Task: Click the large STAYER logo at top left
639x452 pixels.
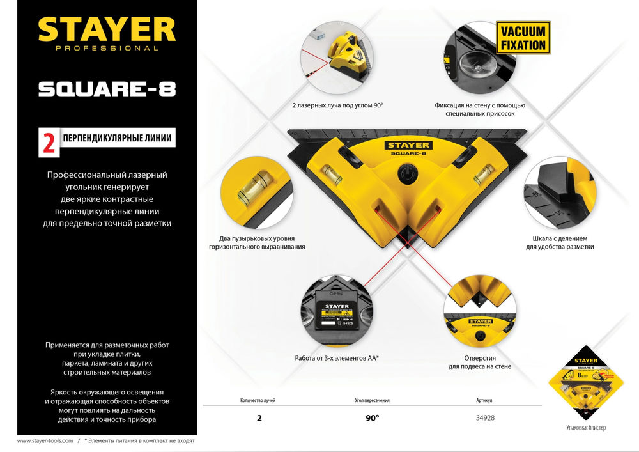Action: point(106,30)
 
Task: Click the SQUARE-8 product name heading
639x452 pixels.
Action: point(107,89)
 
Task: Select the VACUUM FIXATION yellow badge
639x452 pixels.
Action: point(523,38)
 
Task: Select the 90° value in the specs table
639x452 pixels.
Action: point(372,417)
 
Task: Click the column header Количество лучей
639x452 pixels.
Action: point(258,400)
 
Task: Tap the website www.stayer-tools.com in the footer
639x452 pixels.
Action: point(45,441)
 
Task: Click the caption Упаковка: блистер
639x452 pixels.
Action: point(585,427)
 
